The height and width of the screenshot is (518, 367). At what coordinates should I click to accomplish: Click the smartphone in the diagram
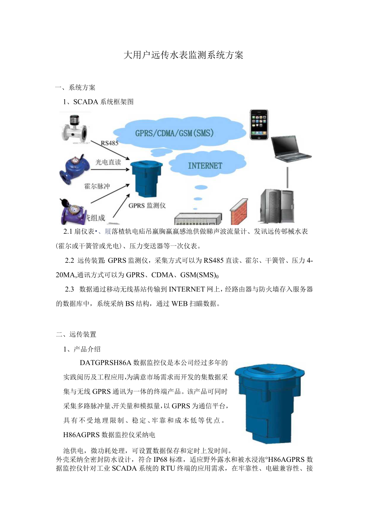(x=259, y=125)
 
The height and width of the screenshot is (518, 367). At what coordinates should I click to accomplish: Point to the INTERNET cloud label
(x=205, y=165)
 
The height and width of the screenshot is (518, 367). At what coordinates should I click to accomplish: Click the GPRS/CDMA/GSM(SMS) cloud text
(x=174, y=133)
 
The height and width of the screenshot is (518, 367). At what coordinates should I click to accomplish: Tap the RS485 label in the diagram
(x=109, y=143)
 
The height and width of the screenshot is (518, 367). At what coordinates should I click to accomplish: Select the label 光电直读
(x=108, y=162)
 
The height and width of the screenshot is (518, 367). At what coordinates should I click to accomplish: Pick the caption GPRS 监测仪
(x=147, y=206)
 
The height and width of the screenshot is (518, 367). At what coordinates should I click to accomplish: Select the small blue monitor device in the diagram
(x=147, y=179)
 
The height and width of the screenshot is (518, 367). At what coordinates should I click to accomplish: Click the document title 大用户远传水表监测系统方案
(x=183, y=55)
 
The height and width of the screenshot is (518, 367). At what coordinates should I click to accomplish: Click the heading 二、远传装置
(x=76, y=334)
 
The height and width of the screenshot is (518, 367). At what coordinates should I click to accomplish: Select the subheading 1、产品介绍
(x=82, y=349)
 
